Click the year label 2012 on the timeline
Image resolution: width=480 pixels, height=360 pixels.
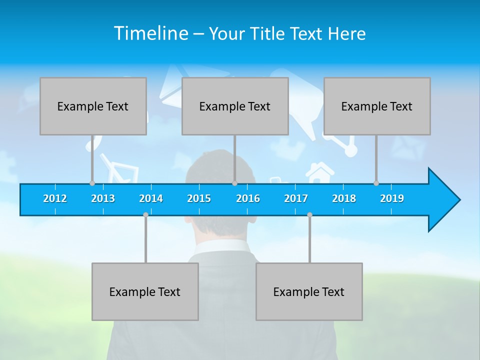(x=55, y=198)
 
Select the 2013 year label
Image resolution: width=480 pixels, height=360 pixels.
(x=103, y=198)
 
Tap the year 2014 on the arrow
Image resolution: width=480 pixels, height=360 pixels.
(x=151, y=198)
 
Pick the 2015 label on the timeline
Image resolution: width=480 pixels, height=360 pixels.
(x=199, y=198)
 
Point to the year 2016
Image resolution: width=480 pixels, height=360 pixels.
(x=248, y=198)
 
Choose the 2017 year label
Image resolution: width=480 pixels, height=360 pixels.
(x=296, y=198)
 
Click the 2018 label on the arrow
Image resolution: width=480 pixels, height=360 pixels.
(x=344, y=198)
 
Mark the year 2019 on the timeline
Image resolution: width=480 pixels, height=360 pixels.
(x=392, y=198)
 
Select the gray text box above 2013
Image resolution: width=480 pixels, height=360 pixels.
(x=93, y=106)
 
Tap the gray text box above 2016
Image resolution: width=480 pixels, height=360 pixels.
(x=235, y=106)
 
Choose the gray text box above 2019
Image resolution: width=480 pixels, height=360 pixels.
(x=377, y=106)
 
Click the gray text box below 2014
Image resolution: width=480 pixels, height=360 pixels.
(x=145, y=291)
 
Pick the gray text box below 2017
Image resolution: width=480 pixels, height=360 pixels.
(x=309, y=291)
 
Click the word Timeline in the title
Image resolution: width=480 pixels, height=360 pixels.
(x=150, y=33)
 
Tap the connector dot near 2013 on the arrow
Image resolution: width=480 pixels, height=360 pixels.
(x=92, y=183)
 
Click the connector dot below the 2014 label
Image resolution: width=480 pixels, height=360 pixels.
(x=145, y=214)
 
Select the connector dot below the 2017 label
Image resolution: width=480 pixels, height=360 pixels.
(x=309, y=214)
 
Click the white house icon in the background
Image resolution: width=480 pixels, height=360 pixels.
(x=319, y=172)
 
